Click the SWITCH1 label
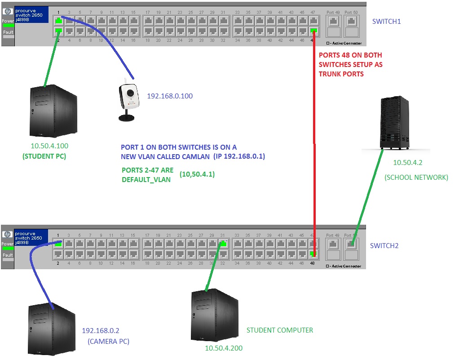[386, 22]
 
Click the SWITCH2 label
[384, 246]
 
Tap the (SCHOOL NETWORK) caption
[416, 178]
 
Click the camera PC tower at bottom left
[51, 329]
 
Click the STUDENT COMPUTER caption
[279, 330]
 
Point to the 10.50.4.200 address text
[224, 348]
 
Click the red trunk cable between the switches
[314, 144]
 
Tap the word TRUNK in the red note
[331, 74]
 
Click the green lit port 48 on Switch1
[313, 31]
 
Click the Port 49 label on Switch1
[333, 12]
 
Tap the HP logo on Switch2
[7, 234]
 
